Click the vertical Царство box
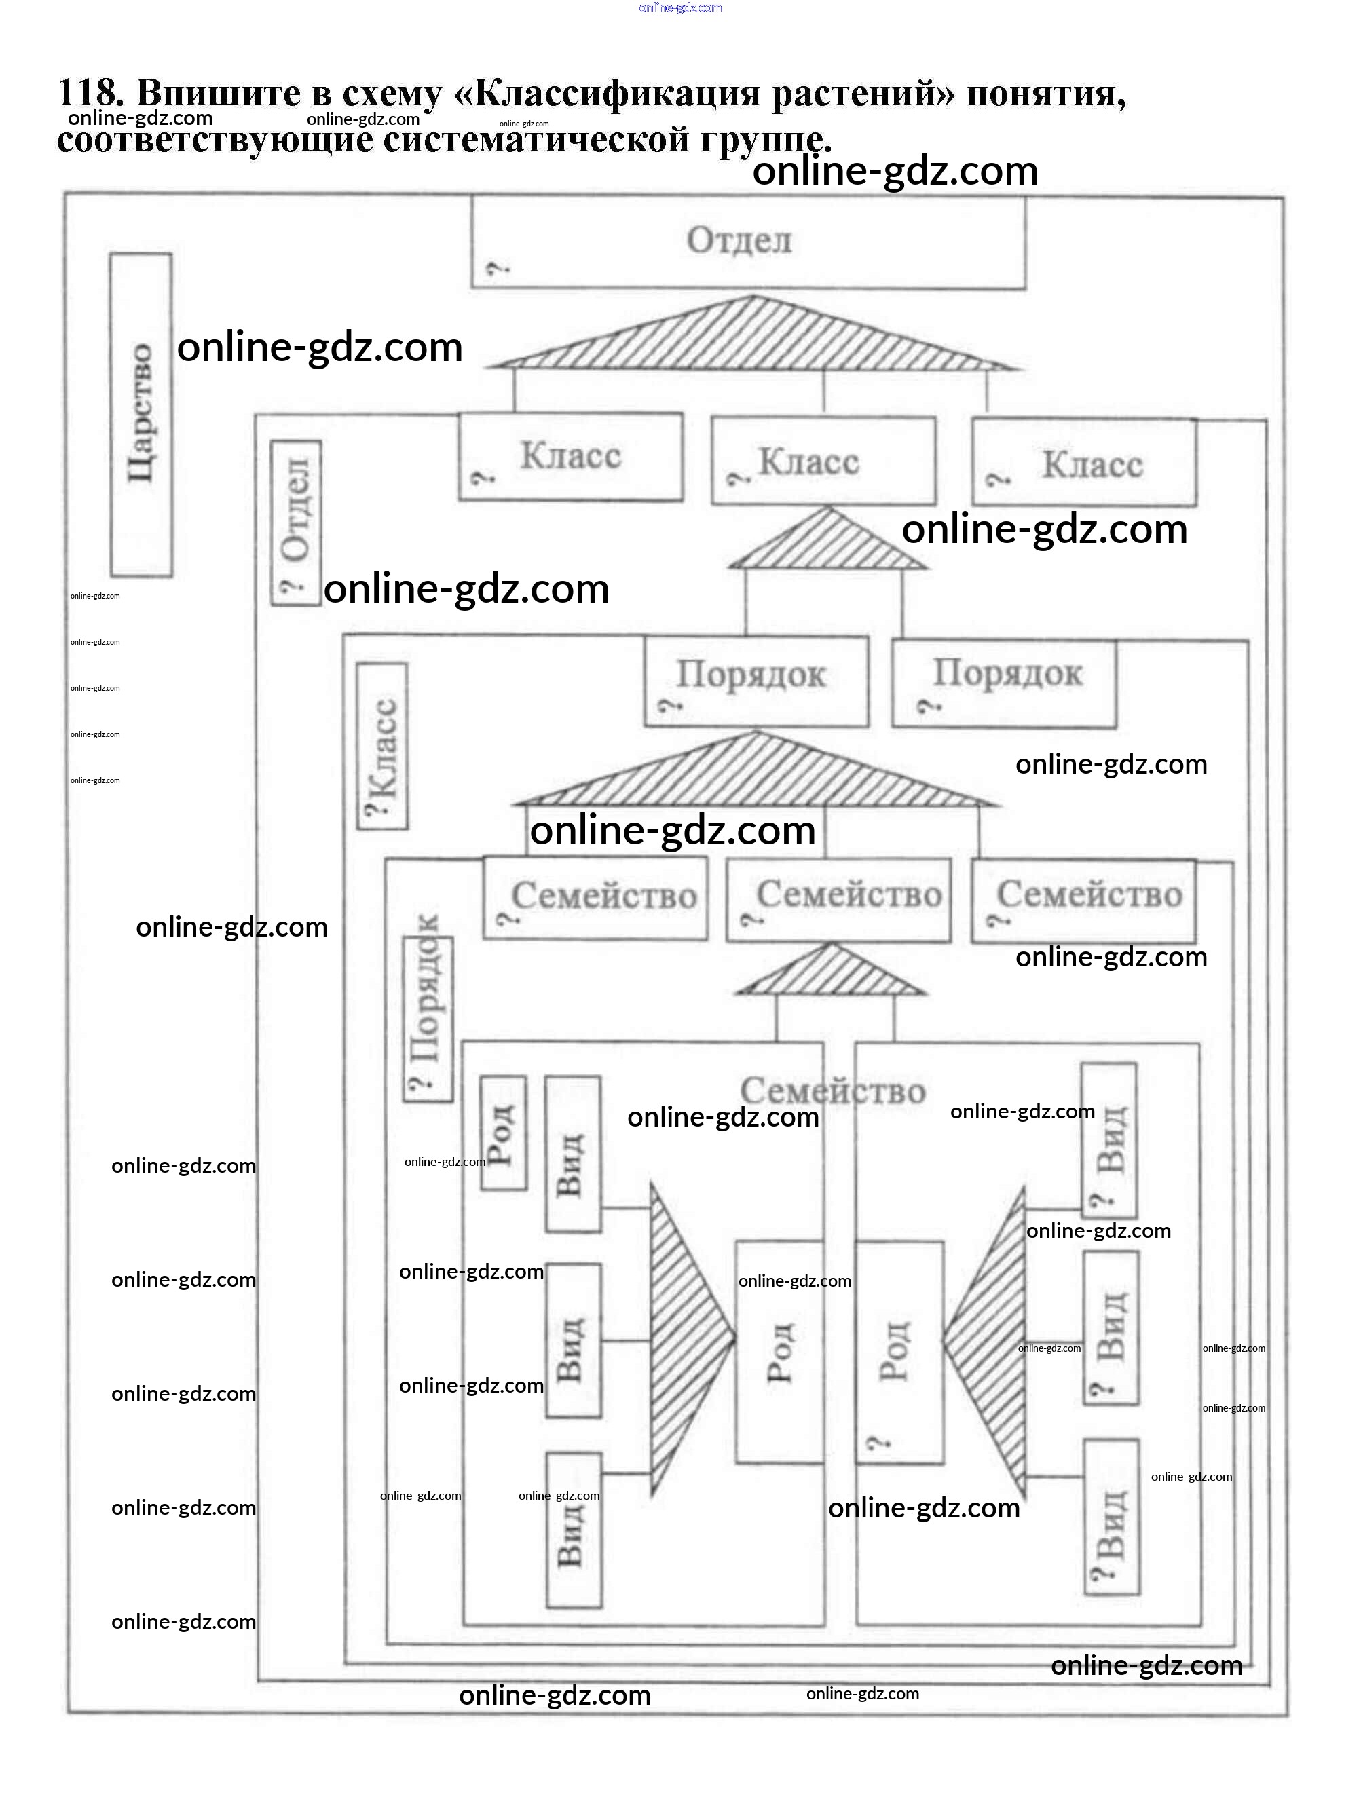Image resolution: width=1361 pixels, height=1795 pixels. [141, 415]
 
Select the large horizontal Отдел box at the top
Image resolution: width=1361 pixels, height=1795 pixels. [747, 243]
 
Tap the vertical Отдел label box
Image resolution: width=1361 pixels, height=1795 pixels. [296, 523]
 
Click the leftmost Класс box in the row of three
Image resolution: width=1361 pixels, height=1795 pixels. [570, 457]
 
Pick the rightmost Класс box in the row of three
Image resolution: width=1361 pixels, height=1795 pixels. [1083, 464]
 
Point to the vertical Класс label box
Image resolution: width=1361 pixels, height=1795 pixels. [382, 747]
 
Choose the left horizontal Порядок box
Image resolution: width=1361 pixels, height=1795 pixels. [756, 681]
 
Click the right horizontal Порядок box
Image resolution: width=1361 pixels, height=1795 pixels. [1004, 683]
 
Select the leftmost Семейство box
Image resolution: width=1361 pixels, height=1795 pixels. [595, 899]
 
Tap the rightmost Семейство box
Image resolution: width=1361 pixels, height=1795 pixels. [1083, 901]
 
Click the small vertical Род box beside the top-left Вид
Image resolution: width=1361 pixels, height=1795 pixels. [503, 1133]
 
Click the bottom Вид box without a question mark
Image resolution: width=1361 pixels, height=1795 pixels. [574, 1530]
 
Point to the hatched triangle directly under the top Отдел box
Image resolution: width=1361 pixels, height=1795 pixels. [753, 337]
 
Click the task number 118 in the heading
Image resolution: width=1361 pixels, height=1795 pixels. [90, 94]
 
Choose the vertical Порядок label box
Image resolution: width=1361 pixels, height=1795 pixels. [428, 1019]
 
